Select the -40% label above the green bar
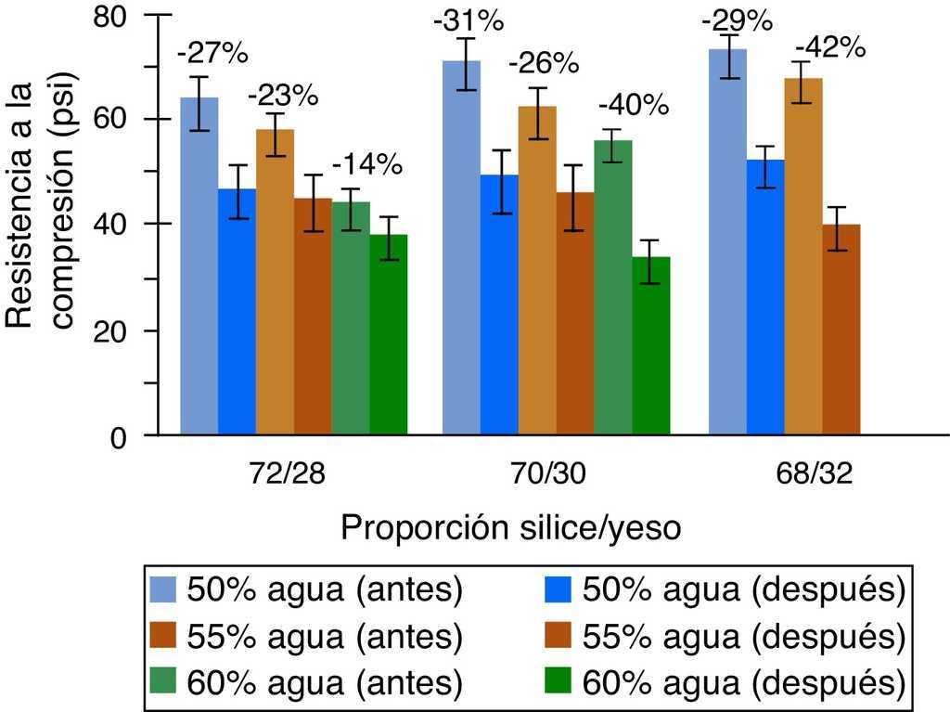click(x=634, y=104)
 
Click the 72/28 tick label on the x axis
click(x=292, y=474)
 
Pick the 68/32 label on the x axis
click(x=817, y=474)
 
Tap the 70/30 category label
click(x=555, y=474)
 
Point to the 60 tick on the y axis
click(x=120, y=120)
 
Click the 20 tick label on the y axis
click(x=120, y=330)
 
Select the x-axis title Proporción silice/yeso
click(x=511, y=528)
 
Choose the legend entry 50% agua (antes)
click(x=306, y=589)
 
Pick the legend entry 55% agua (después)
click(x=723, y=637)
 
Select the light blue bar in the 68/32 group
click(x=727, y=241)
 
